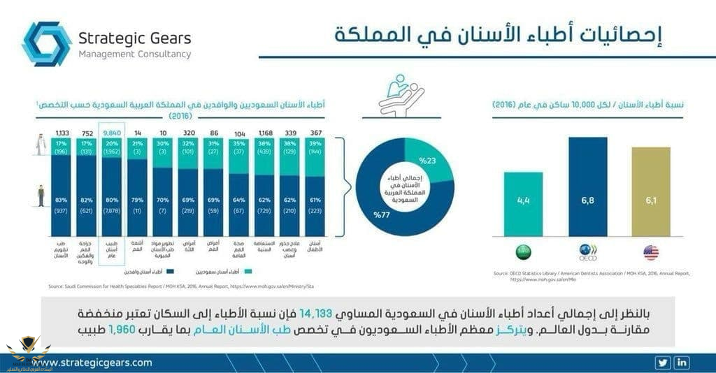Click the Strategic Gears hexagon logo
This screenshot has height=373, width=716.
(47, 43)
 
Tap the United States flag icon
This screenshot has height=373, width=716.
(650, 251)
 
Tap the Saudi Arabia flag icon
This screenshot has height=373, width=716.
(524, 251)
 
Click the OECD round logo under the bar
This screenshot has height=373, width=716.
(587, 251)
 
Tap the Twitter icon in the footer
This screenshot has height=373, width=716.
(663, 363)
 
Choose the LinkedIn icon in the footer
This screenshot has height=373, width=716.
(682, 363)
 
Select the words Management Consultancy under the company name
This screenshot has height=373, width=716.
(134, 54)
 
